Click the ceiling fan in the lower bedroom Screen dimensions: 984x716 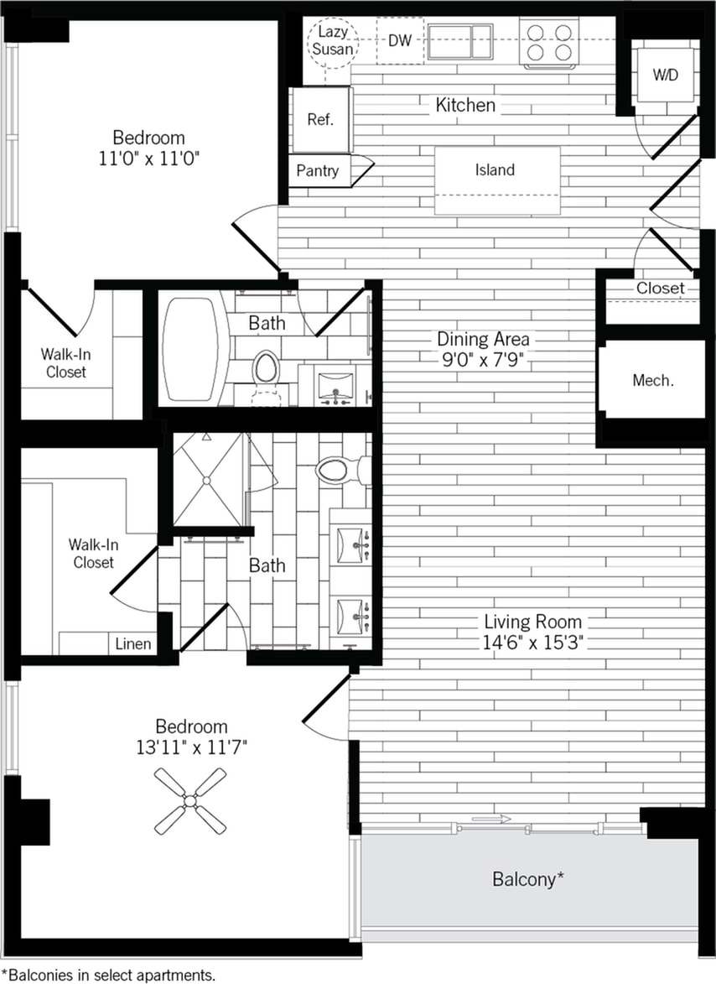pos(190,801)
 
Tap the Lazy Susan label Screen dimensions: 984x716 pos(333,40)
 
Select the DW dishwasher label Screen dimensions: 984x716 pos(401,39)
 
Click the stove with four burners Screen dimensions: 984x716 pos(549,41)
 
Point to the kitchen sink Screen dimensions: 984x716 pos(460,40)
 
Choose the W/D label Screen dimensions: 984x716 pos(666,75)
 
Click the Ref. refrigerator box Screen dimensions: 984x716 pos(320,119)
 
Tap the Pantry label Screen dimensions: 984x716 pos(319,171)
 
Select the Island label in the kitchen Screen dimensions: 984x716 pos(495,170)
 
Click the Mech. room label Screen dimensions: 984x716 pos(652,380)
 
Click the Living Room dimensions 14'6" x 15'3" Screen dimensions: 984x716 pos(532,643)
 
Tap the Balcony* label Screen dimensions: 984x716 pos(527,879)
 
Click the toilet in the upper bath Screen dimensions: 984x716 pos(266,367)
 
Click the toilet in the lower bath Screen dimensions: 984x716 pos(340,470)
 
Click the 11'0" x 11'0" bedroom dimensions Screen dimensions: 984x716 pos(148,158)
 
